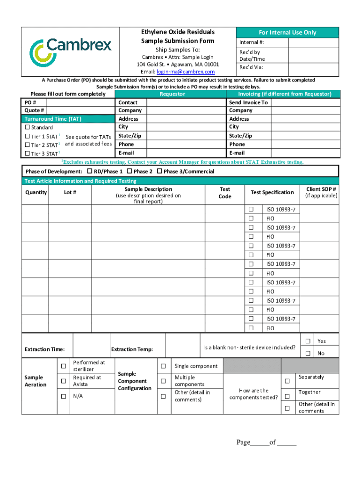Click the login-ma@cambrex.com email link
(185, 72)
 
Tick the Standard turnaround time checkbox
(27, 127)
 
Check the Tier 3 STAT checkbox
(27, 153)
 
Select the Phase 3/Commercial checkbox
(159, 171)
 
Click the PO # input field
(80, 102)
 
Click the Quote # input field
(80, 110)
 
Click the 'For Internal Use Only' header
(288, 32)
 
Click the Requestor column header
(172, 94)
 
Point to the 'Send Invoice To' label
(248, 102)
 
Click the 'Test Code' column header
(225, 193)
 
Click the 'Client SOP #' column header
(321, 192)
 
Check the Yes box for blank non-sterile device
(308, 341)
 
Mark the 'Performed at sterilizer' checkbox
(63, 365)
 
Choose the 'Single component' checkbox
(163, 366)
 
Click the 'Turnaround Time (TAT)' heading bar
(68, 119)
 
